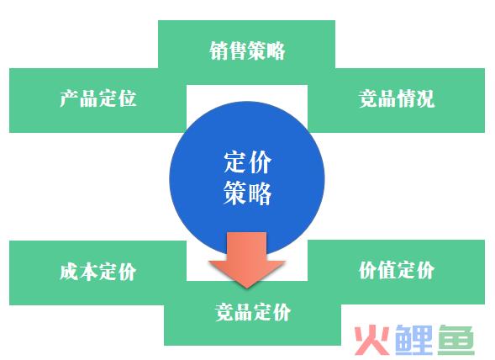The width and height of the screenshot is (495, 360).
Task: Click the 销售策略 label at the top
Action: coord(247,50)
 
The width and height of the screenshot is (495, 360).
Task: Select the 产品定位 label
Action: coord(97,98)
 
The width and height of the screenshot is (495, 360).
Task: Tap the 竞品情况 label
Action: coord(397,98)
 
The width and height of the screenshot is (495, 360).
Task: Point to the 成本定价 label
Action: coord(97,271)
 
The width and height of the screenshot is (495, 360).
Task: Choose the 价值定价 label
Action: coord(397,270)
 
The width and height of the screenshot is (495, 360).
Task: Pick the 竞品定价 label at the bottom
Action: coord(253,312)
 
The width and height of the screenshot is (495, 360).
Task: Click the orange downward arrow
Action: coord(247,260)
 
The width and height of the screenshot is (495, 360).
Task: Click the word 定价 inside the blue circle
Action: coord(247,162)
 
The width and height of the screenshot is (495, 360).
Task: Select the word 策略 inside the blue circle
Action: coord(247,193)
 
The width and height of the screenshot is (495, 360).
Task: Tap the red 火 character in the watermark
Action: coord(372,340)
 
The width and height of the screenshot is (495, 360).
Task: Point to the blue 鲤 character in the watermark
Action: coord(413,340)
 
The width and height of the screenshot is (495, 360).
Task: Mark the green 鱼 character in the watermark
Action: coord(456,340)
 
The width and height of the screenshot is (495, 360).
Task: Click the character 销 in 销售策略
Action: coord(219,50)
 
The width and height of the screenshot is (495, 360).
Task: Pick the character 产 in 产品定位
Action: coord(69,98)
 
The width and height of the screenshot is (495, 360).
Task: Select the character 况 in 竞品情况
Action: coord(425,98)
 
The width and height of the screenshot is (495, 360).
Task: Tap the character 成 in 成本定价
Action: coord(69,271)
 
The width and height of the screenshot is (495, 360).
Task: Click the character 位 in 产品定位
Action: coord(127,98)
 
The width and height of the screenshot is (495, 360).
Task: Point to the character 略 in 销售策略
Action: coord(276,50)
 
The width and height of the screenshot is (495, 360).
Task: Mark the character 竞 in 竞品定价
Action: coord(224,312)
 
